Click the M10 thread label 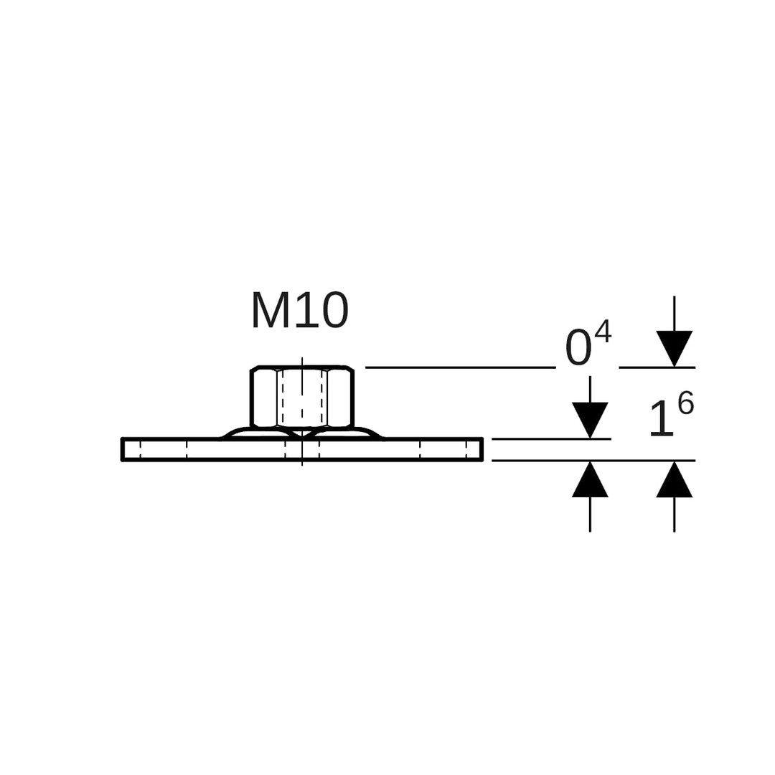pyautogui.click(x=300, y=311)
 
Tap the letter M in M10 pyautogui.click(x=271, y=311)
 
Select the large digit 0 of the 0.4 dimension pyautogui.click(x=578, y=348)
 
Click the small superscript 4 pyautogui.click(x=603, y=331)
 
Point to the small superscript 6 pyautogui.click(x=686, y=403)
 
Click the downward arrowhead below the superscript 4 pyautogui.click(x=674, y=347)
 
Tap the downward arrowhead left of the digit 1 pyautogui.click(x=590, y=419)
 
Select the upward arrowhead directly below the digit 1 pyautogui.click(x=674, y=480)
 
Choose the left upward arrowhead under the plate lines pyautogui.click(x=590, y=480)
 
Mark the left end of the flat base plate pyautogui.click(x=124, y=449)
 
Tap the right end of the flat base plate pyautogui.click(x=480, y=449)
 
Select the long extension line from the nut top pyautogui.click(x=459, y=367)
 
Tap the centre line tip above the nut pyautogui.click(x=302, y=359)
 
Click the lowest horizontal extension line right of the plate pyautogui.click(x=593, y=461)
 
